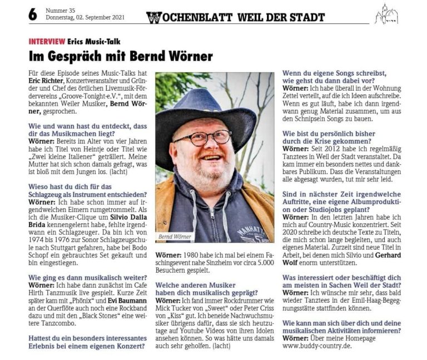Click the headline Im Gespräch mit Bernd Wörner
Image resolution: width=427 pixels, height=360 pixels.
121,56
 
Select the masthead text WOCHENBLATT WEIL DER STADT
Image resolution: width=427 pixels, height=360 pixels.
235,17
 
